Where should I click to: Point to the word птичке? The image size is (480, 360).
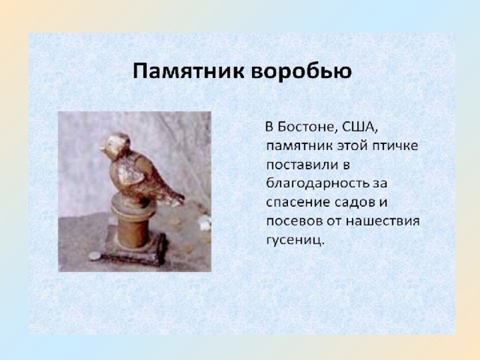(394, 144)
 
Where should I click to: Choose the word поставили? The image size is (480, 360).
(301, 163)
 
